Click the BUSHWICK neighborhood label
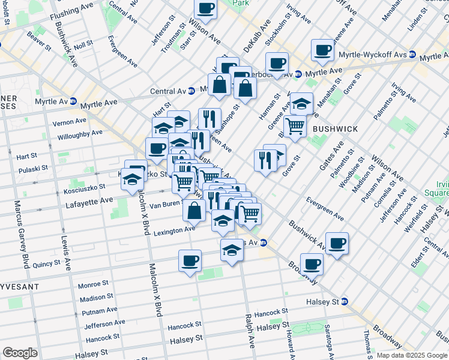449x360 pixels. point(335,129)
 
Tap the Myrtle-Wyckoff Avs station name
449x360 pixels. point(373,55)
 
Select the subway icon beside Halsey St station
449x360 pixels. point(345,302)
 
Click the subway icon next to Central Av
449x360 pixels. point(191,91)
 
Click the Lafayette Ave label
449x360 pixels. point(89,200)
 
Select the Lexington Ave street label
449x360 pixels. point(174,230)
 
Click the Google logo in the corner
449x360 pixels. point(20,353)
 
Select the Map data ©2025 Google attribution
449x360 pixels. point(411,355)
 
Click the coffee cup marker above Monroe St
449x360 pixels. point(190,261)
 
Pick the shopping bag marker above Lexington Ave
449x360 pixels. point(194,211)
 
